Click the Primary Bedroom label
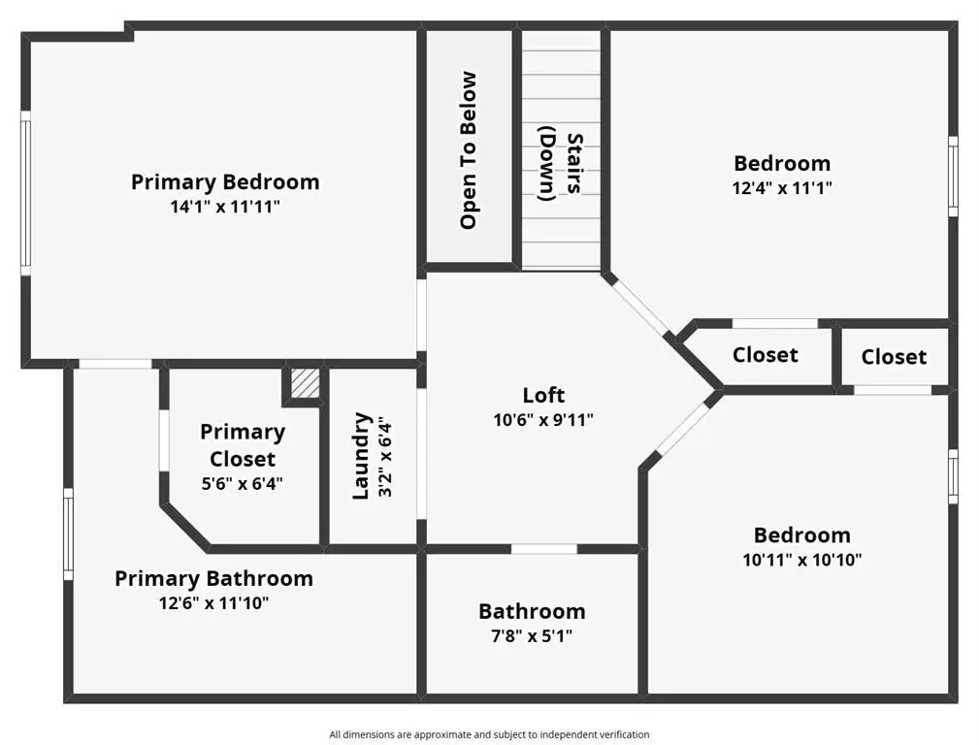coord(225,181)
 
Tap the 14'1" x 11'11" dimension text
coord(225,207)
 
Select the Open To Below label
coord(469,150)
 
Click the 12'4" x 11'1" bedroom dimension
coord(782,188)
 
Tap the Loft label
coord(543,395)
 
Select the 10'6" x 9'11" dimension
coord(543,420)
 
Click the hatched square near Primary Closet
coord(306,383)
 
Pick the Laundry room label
coord(362,455)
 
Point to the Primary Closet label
coord(243,445)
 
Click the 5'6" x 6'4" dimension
coord(243,483)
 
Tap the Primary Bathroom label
coord(213,578)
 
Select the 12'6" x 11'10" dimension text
coord(213,603)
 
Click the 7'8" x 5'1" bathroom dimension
coord(532,636)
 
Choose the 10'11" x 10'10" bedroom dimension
coord(801,560)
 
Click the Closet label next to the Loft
coord(765,355)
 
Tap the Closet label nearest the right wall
coord(894,357)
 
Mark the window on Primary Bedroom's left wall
coord(25,193)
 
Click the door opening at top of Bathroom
coord(543,549)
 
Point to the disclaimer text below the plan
coord(489,734)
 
